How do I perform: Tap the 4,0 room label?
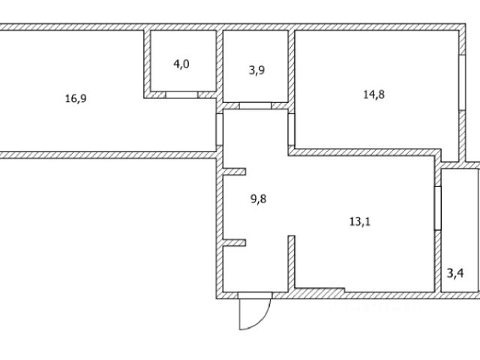[181, 64]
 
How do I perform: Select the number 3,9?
[256, 70]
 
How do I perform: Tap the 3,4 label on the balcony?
[455, 272]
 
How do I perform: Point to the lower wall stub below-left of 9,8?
[234, 242]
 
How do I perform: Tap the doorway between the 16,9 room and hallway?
[219, 128]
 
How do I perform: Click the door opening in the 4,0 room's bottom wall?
[182, 95]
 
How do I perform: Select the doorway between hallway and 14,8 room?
[291, 129]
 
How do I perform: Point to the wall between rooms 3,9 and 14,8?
[292, 67]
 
